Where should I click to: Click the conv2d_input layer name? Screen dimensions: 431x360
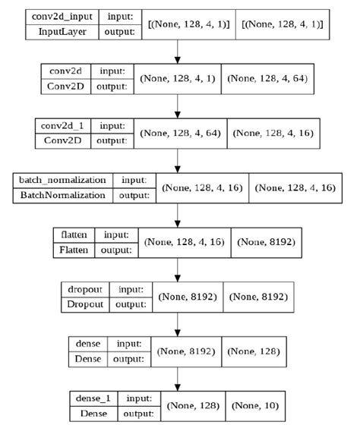click(x=57, y=17)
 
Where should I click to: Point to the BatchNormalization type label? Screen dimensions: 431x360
click(x=62, y=195)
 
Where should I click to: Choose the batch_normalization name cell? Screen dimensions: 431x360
click(x=62, y=181)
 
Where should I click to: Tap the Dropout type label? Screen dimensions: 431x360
click(x=84, y=304)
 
